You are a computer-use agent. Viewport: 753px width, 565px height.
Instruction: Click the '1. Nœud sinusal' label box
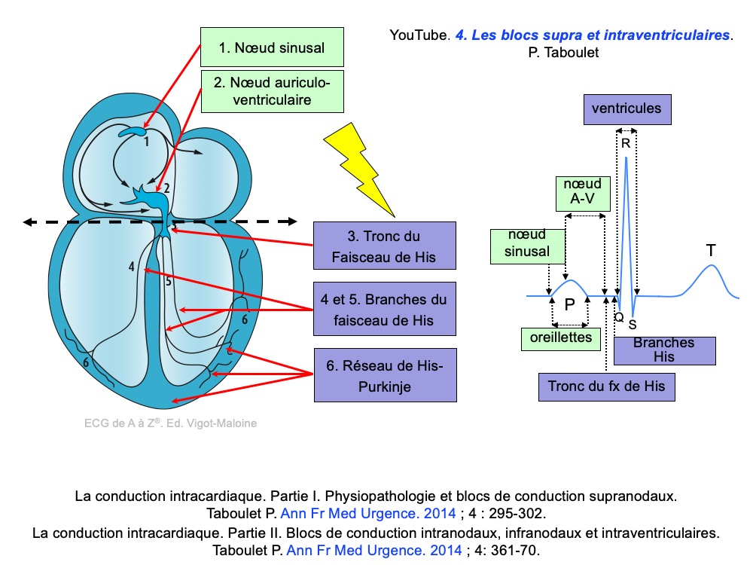click(x=271, y=47)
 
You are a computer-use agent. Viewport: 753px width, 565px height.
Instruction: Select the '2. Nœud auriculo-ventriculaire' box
click(x=273, y=90)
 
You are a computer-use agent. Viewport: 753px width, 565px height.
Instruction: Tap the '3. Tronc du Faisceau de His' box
click(x=384, y=246)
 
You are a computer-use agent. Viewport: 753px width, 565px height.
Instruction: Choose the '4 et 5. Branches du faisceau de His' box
click(x=384, y=310)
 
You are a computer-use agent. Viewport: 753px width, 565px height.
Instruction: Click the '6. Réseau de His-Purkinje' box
click(x=384, y=374)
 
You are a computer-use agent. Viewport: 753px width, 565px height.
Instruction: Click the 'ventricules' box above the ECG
click(x=626, y=108)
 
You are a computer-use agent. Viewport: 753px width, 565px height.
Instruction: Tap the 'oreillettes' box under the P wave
click(x=561, y=339)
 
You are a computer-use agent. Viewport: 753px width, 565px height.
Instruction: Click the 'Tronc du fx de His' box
click(x=607, y=386)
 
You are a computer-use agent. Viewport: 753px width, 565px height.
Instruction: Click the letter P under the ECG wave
click(x=570, y=304)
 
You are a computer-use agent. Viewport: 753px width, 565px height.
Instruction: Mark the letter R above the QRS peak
click(x=626, y=143)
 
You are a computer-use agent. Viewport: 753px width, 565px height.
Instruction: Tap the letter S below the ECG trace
click(x=633, y=325)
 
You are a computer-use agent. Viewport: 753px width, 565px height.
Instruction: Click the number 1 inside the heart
click(x=146, y=141)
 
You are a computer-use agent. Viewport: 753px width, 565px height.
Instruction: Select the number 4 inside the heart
click(x=131, y=267)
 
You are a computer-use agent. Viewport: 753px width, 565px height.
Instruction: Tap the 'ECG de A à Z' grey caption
click(x=170, y=423)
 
